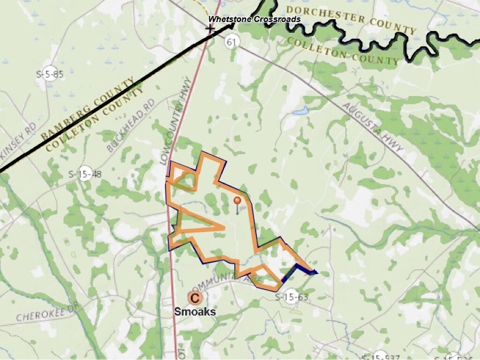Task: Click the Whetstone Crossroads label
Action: [255, 19]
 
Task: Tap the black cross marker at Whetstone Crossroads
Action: [210, 29]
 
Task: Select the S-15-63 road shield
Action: [291, 296]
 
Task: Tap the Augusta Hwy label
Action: [373, 127]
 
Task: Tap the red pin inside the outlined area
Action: [237, 201]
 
